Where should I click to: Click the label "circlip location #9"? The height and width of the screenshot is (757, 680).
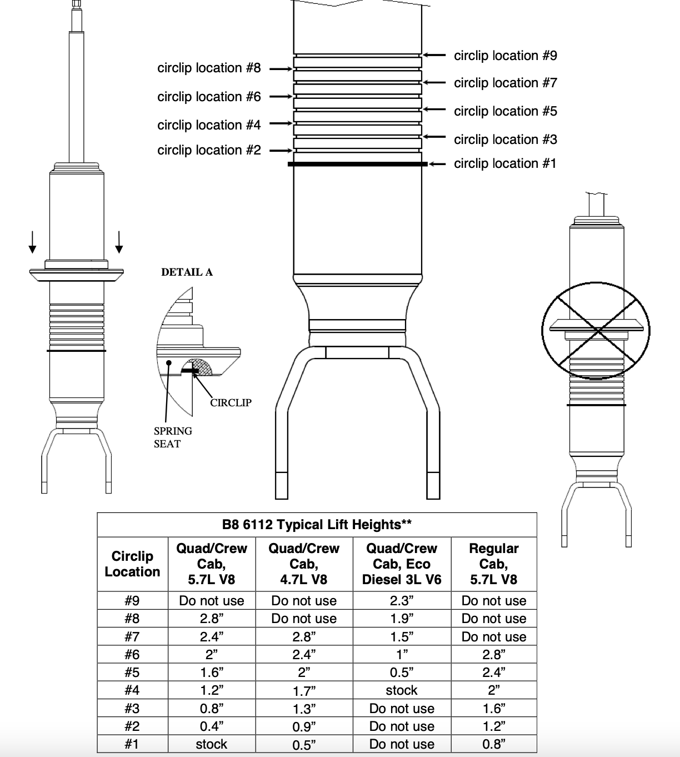point(505,56)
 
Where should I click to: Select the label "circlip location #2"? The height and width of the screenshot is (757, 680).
point(209,150)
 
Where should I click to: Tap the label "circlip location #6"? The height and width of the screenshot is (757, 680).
point(209,97)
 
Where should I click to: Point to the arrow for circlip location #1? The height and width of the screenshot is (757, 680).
point(437,164)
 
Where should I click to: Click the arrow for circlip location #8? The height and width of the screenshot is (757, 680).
point(281,69)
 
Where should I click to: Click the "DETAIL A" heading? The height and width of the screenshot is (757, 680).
point(187,272)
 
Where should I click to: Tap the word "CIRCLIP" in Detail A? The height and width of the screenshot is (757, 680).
point(231,402)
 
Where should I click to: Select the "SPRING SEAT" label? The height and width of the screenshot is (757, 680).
point(173,437)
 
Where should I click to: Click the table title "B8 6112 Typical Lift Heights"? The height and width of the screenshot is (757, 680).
point(317,525)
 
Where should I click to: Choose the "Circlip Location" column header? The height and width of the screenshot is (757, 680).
point(132,564)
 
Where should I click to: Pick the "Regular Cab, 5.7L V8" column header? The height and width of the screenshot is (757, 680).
point(494,564)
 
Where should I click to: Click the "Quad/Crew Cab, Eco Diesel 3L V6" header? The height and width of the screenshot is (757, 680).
point(402,564)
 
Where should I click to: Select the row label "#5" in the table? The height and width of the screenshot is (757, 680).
point(132,673)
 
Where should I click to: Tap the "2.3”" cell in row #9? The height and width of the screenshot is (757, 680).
point(402,600)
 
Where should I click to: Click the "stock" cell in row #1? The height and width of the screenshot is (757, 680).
point(212,744)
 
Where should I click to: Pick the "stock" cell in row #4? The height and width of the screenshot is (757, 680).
point(402,690)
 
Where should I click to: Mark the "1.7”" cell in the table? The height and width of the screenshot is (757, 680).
point(304,691)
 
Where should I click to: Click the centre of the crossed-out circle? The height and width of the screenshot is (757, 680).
point(596,331)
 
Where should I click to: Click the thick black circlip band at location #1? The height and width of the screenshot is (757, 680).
point(358,164)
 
